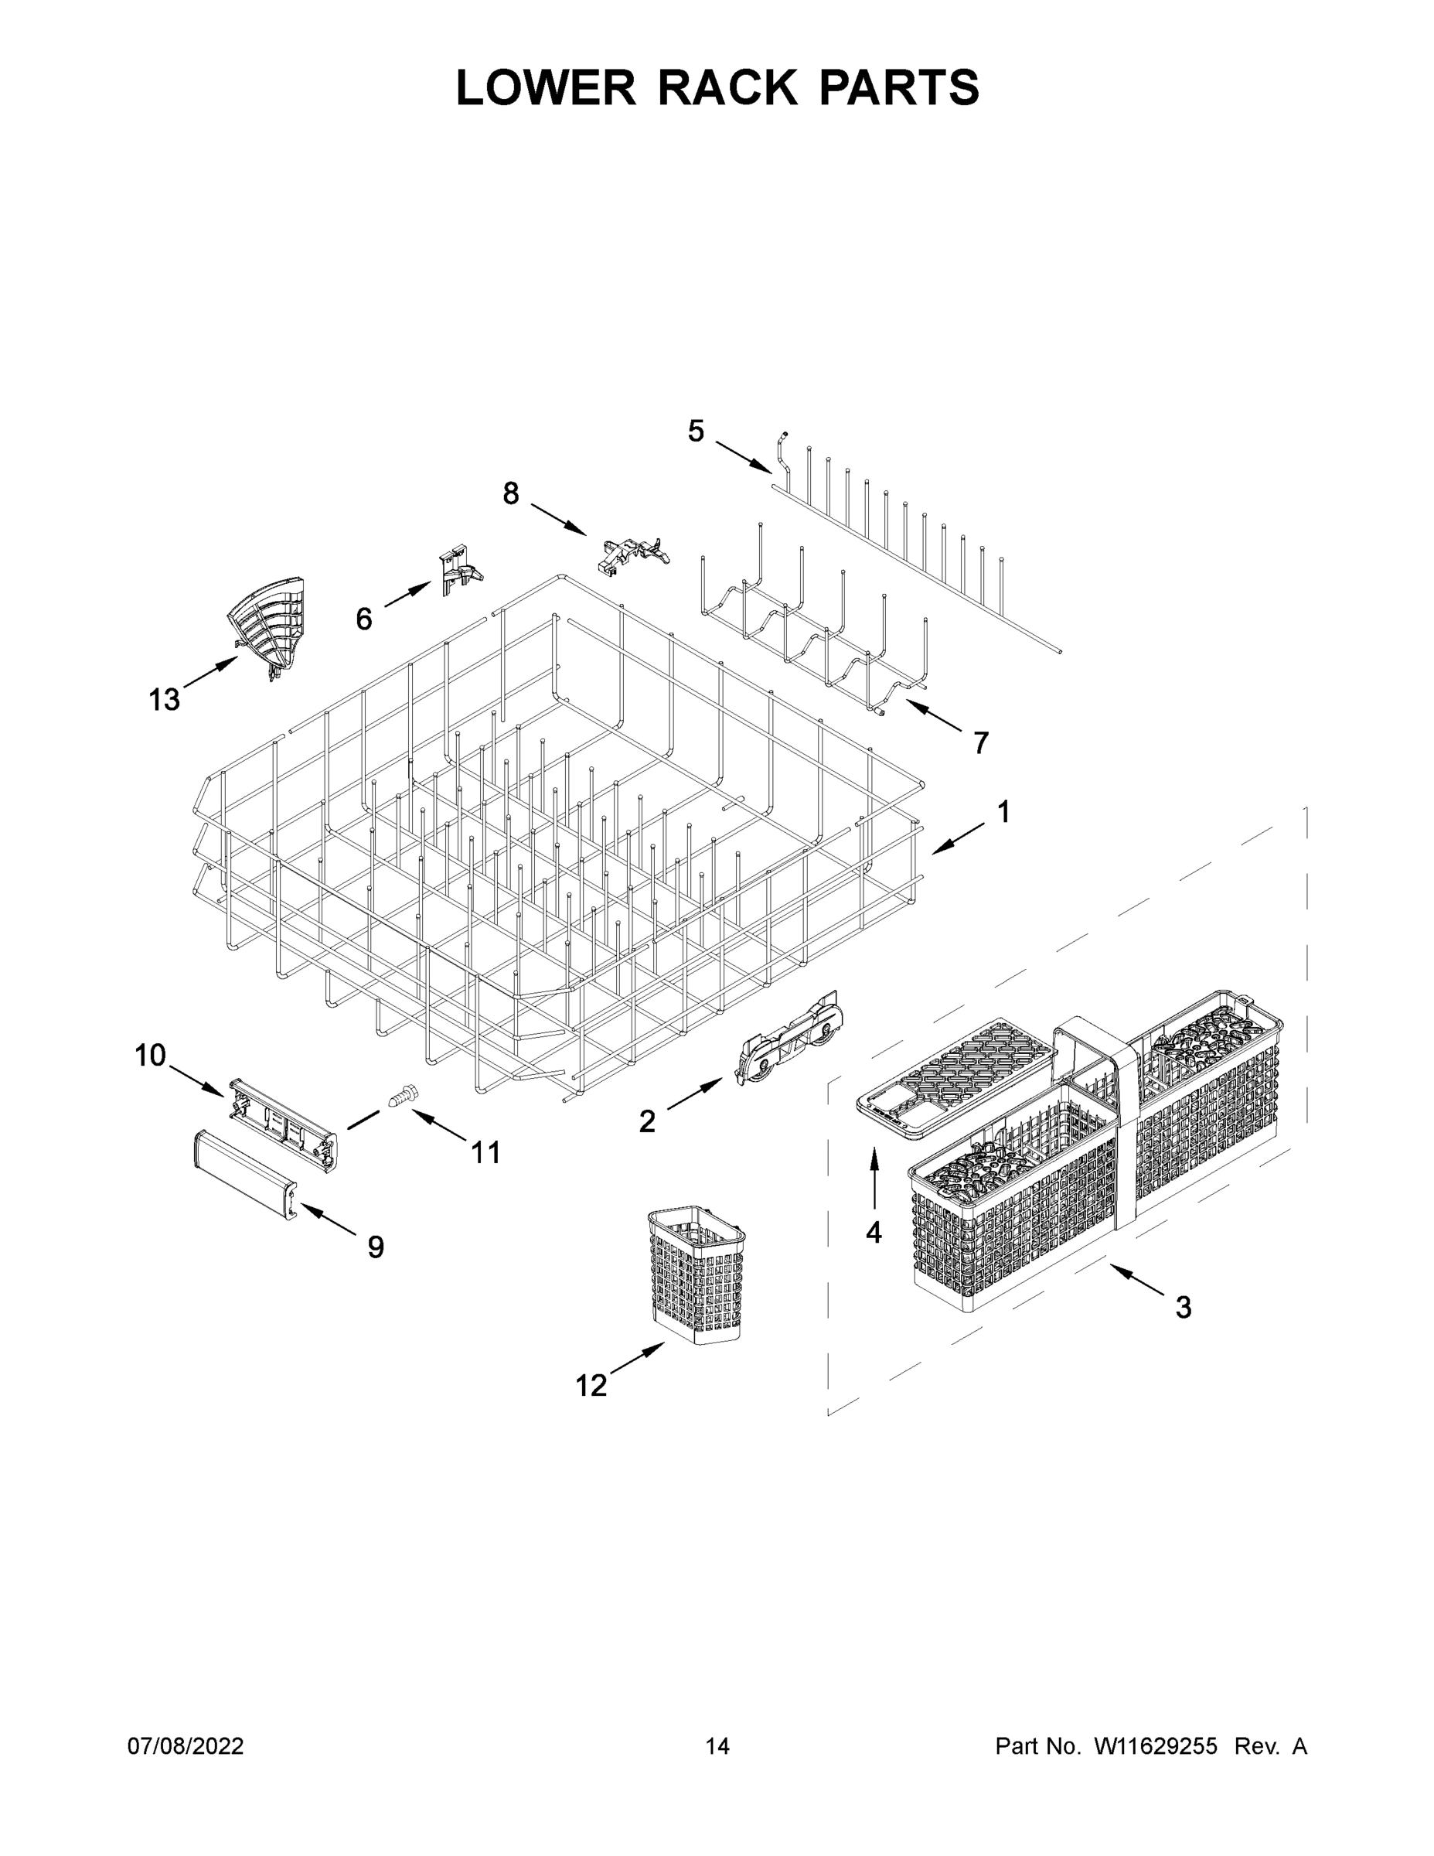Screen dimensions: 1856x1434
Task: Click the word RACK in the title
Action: click(x=728, y=87)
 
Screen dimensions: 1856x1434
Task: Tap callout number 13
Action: click(x=164, y=699)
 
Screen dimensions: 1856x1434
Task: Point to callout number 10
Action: click(x=151, y=1056)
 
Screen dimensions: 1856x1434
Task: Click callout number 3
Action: click(x=1183, y=1307)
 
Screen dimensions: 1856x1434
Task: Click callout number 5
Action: click(x=696, y=432)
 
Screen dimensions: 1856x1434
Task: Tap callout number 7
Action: click(x=980, y=742)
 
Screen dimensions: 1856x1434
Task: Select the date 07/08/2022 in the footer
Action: click(x=186, y=1745)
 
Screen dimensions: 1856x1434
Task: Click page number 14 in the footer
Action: click(x=717, y=1745)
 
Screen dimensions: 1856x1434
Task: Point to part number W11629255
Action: click(x=1156, y=1745)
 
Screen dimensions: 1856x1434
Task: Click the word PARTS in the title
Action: click(x=899, y=87)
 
